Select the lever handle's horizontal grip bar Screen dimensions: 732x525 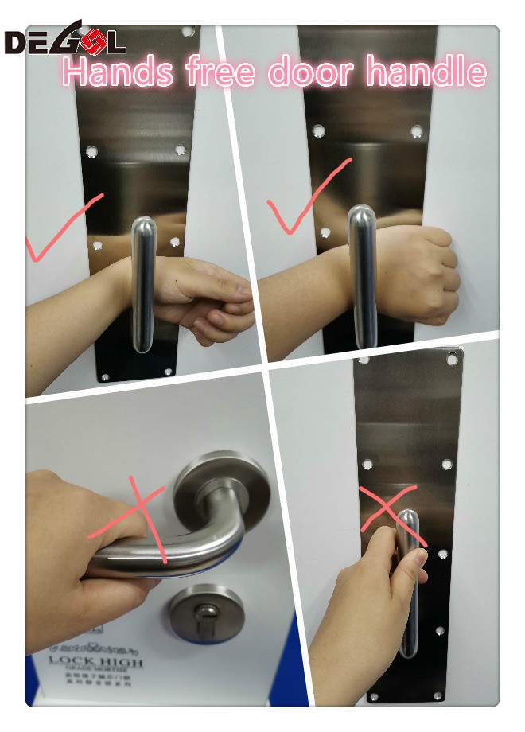click(x=159, y=557)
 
